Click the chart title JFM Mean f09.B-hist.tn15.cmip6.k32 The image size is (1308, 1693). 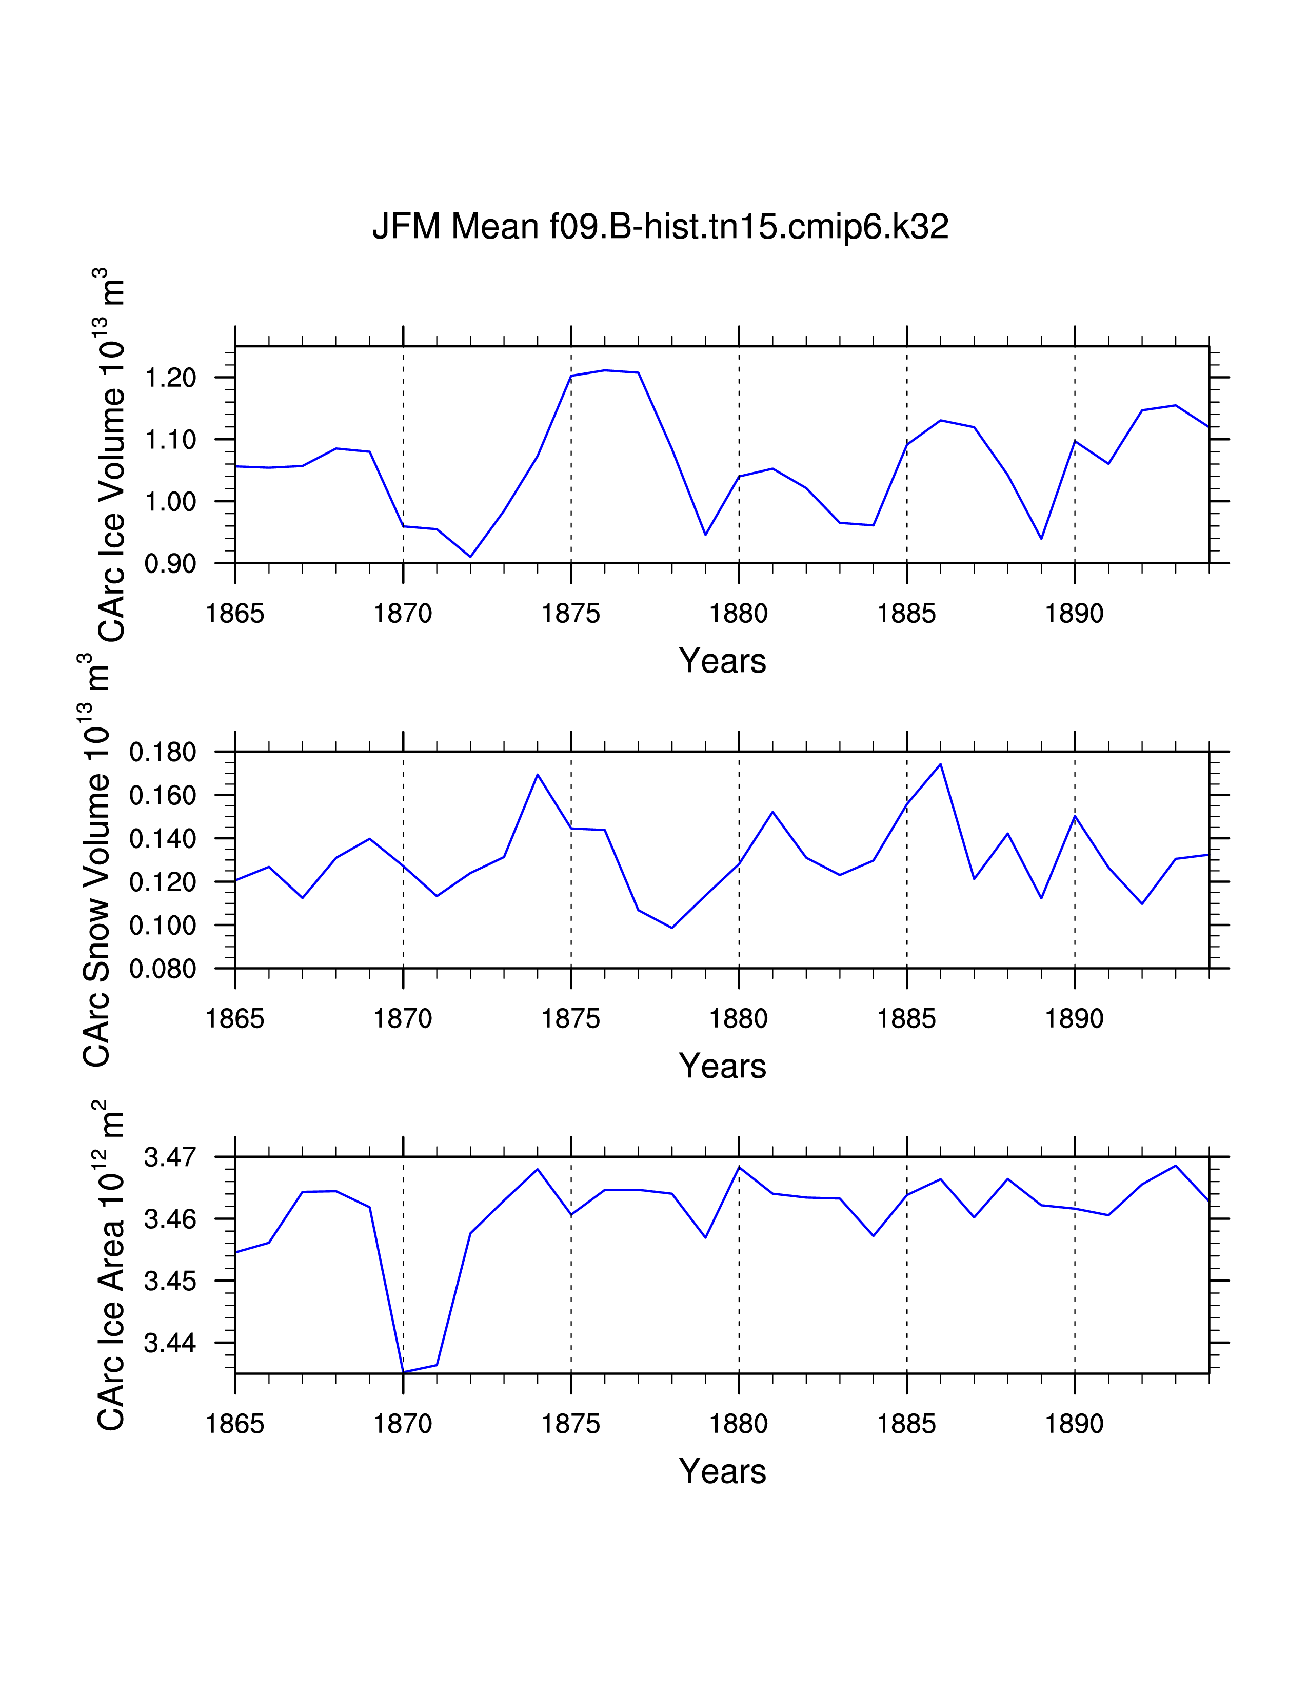click(660, 226)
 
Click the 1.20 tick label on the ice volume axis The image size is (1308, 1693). click(170, 378)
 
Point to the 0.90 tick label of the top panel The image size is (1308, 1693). click(170, 563)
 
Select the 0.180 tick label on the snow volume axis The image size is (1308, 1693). click(163, 752)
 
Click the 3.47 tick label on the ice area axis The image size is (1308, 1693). click(170, 1157)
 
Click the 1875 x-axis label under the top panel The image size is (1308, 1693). click(571, 614)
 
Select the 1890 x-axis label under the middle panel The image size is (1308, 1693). click(1074, 1018)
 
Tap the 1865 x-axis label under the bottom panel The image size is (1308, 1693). click(235, 1424)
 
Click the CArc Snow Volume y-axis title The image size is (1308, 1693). click(97, 860)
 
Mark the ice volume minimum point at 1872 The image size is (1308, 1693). click(470, 557)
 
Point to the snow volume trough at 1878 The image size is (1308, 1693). click(672, 928)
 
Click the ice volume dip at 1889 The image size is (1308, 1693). click(1041, 539)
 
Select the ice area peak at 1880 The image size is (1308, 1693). click(739, 1167)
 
